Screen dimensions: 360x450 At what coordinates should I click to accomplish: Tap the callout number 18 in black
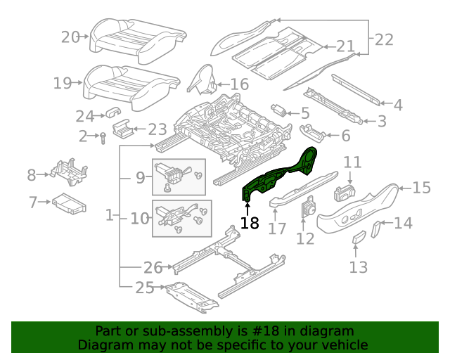[250, 224]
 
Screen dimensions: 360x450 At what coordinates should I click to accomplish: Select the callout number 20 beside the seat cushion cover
[70, 37]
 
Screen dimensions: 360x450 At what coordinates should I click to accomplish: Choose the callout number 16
[240, 84]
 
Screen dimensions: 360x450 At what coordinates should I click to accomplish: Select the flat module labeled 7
[68, 204]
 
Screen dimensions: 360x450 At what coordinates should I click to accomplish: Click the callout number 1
[110, 217]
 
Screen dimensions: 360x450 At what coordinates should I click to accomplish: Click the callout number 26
[153, 267]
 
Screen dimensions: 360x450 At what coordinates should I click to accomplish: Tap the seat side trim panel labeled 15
[359, 207]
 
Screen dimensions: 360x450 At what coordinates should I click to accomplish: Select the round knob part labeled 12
[308, 209]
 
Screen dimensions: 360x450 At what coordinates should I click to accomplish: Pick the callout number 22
[384, 39]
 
